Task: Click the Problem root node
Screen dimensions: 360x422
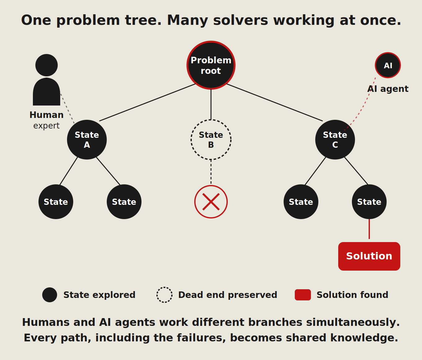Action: pos(211,65)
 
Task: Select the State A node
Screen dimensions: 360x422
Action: pos(87,140)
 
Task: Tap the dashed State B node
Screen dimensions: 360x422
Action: pos(211,140)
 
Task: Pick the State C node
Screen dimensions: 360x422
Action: pos(335,140)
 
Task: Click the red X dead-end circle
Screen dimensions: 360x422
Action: pos(211,202)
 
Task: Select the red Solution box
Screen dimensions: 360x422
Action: pos(369,256)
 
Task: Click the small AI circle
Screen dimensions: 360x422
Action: pos(388,65)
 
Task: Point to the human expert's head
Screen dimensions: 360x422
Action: pos(47,65)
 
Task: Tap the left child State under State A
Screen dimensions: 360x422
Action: pos(56,202)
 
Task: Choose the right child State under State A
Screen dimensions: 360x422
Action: pos(124,202)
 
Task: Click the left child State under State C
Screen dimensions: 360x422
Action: pos(301,202)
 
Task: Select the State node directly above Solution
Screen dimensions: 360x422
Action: pos(369,202)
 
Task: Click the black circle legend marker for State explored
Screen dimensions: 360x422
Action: pos(50,295)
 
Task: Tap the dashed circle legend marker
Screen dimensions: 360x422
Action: pos(164,295)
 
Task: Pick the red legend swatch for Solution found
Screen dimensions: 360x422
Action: pos(303,295)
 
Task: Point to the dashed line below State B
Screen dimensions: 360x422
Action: pos(211,172)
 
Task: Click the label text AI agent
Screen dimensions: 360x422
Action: pos(388,89)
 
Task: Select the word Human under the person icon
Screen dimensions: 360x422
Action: pos(47,115)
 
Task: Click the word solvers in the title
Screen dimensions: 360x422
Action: pos(240,20)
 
